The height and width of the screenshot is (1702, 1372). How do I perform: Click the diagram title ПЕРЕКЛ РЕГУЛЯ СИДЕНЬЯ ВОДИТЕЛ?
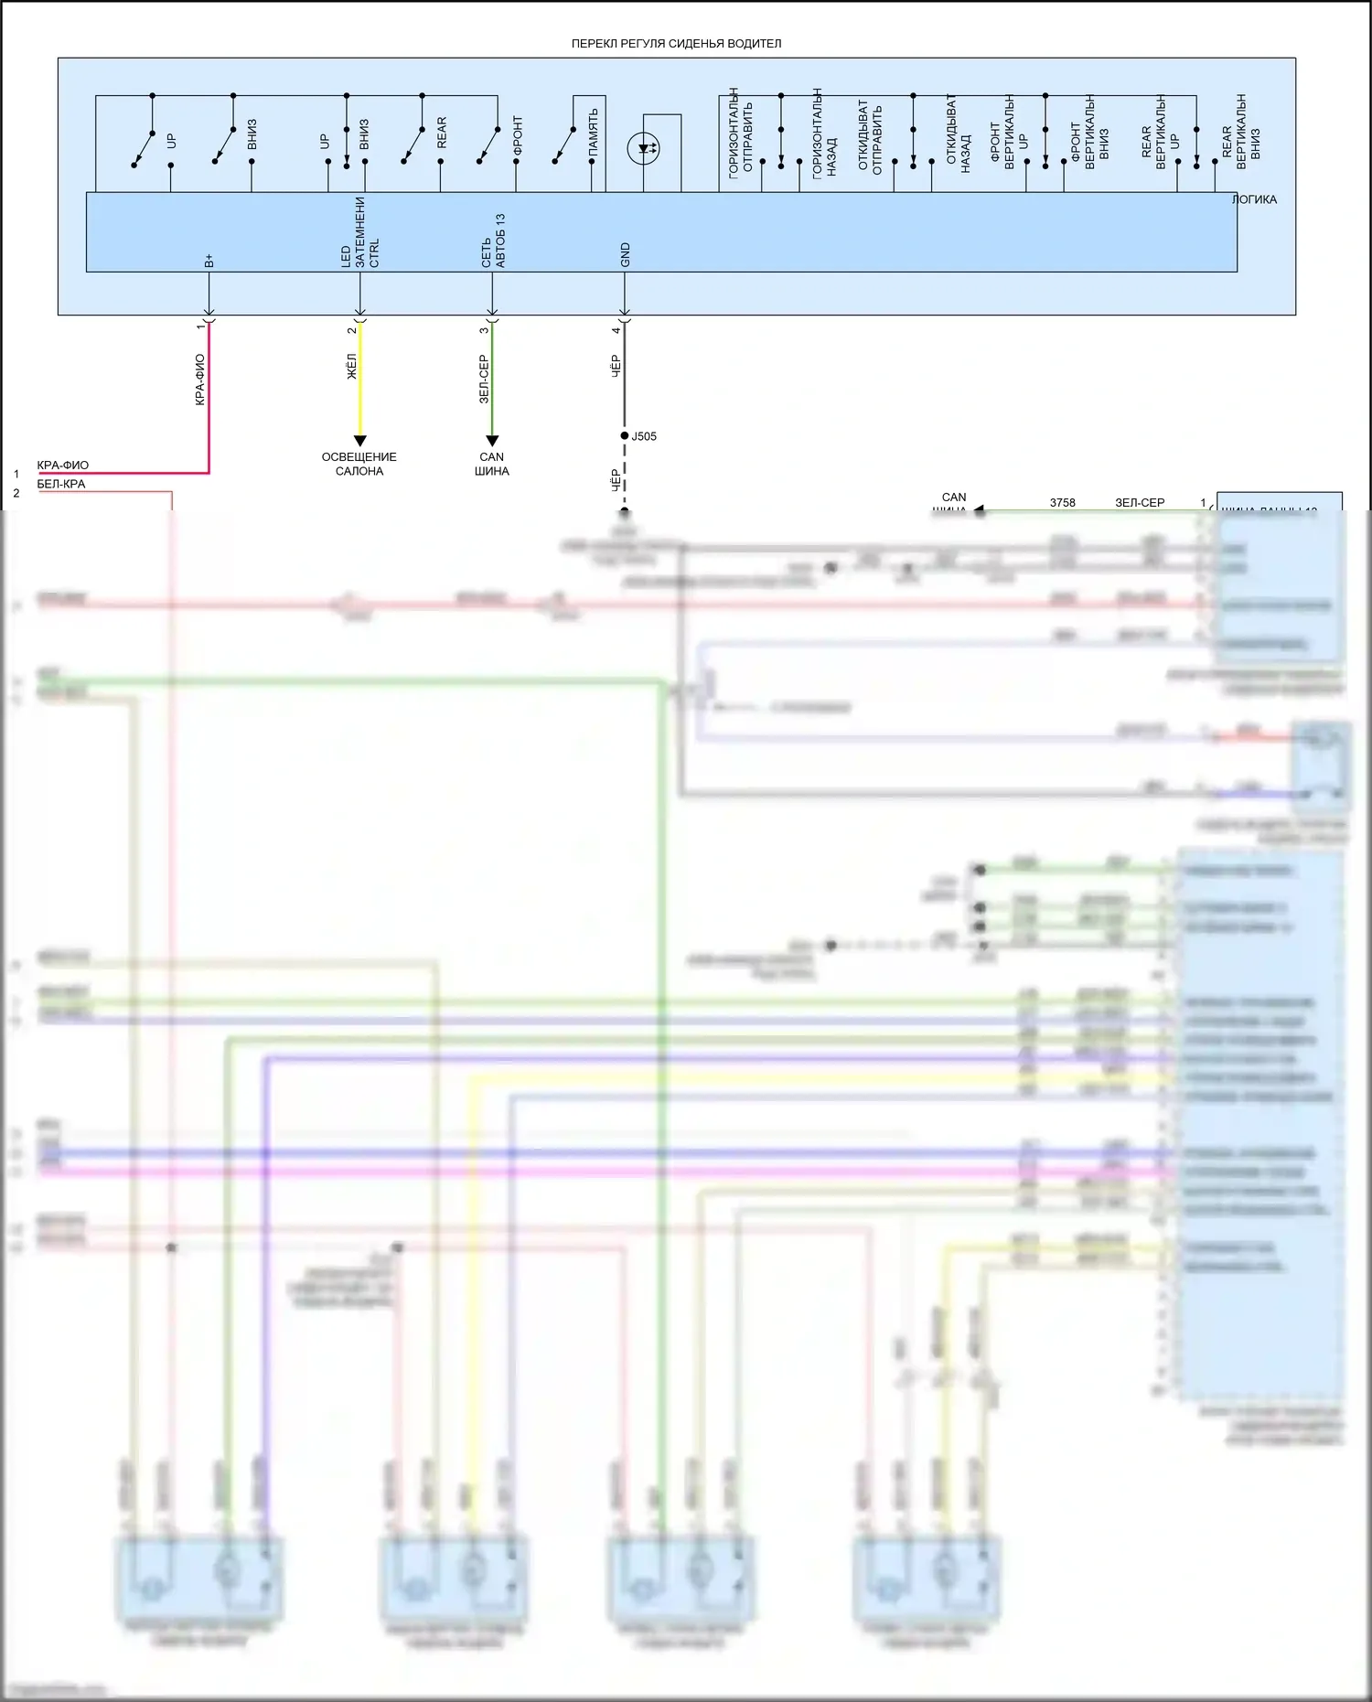click(676, 43)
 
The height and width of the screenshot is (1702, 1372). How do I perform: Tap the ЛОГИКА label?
click(1254, 199)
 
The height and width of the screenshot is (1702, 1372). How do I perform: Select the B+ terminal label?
click(209, 261)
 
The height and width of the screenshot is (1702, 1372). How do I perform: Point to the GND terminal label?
click(626, 255)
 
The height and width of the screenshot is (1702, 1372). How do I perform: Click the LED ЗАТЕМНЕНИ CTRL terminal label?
click(359, 233)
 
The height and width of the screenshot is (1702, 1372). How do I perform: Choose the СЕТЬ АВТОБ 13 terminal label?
click(493, 241)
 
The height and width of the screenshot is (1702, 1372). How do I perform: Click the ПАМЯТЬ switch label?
click(594, 131)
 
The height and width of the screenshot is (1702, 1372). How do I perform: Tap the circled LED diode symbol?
click(644, 148)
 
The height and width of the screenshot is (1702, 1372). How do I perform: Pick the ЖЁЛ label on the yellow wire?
click(351, 367)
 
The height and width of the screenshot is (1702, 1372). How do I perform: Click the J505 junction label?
click(644, 436)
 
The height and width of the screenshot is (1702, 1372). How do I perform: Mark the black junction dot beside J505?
click(625, 436)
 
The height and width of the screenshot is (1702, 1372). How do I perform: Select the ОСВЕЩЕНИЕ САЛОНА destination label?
click(359, 464)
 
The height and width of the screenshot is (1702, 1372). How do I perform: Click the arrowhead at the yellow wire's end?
click(359, 441)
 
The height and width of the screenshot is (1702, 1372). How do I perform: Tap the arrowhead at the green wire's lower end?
click(492, 441)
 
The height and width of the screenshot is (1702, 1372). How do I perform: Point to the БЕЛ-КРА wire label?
click(61, 484)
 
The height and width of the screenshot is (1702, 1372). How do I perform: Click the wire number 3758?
click(1062, 502)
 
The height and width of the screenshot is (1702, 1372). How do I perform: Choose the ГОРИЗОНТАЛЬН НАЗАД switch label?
click(824, 134)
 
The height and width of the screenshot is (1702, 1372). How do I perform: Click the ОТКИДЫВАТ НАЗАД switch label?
click(958, 134)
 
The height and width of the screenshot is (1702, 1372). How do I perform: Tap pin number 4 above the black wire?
click(616, 330)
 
